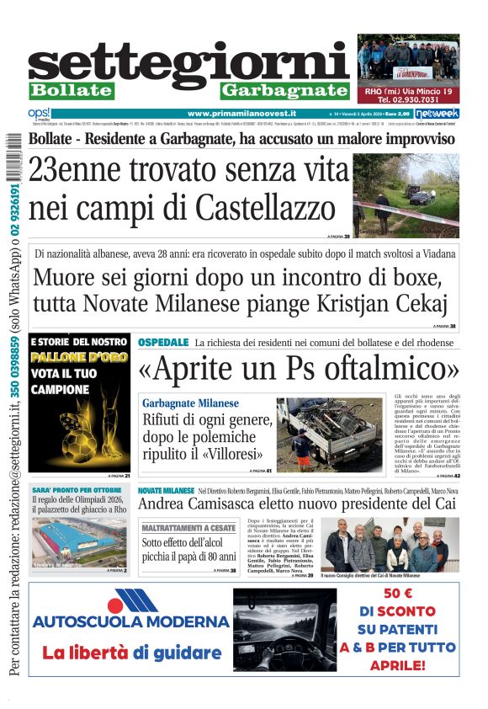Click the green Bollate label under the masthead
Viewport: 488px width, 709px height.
[x=71, y=90]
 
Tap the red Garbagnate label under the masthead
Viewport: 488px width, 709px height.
[x=284, y=90]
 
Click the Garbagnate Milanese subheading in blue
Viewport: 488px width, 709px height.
[x=190, y=403]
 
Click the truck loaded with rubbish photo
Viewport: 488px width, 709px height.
[x=329, y=434]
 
